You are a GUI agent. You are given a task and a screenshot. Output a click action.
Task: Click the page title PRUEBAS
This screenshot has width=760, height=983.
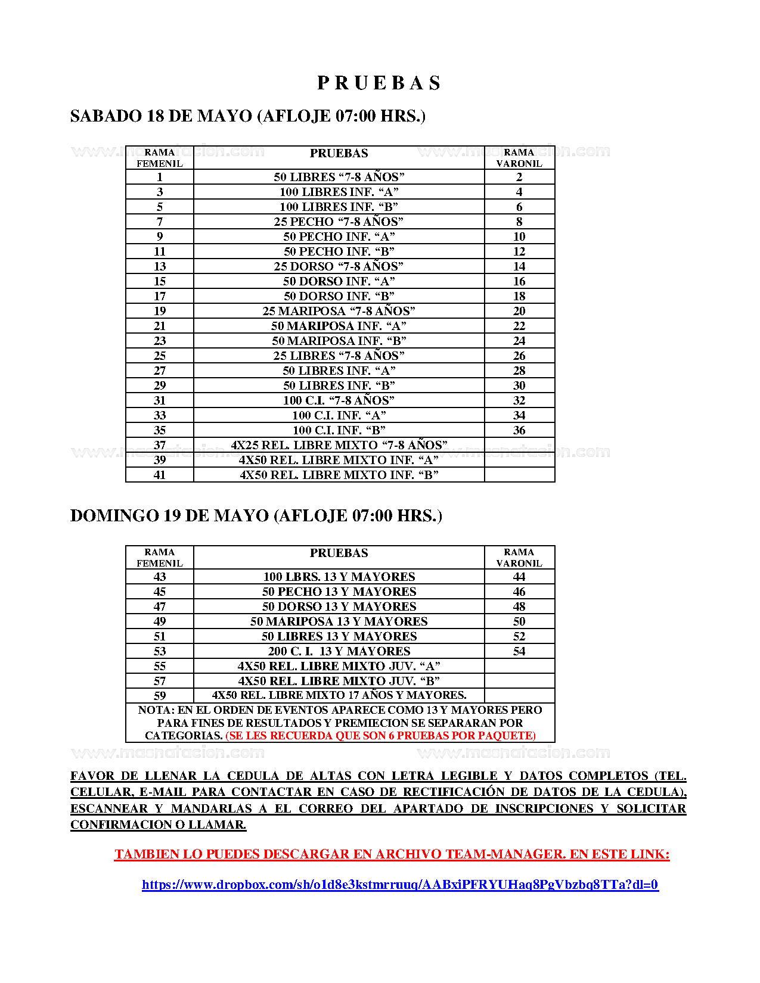[379, 83]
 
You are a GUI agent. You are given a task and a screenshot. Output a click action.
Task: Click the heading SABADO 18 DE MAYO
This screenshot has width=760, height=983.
[247, 116]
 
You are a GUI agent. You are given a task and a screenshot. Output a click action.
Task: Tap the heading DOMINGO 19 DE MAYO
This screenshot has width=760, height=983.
[256, 516]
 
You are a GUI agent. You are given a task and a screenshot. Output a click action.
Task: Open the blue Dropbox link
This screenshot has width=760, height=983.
[400, 885]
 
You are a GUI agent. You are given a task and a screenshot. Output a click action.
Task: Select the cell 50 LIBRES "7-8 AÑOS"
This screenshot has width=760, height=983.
[339, 177]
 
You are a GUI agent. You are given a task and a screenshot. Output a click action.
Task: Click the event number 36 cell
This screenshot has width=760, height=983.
[519, 430]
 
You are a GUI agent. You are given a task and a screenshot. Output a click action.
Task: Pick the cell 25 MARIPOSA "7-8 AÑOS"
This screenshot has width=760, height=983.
[339, 311]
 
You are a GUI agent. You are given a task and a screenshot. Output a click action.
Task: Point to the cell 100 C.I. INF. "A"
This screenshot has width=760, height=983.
[339, 415]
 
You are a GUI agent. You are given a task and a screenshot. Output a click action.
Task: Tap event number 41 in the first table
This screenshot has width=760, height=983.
[160, 475]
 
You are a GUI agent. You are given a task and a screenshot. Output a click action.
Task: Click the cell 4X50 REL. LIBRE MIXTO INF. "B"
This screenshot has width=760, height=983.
[339, 475]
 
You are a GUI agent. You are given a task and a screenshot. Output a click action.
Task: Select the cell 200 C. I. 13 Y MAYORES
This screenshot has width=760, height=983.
[339, 651]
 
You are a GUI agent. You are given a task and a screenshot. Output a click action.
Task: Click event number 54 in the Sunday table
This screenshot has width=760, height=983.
[519, 651]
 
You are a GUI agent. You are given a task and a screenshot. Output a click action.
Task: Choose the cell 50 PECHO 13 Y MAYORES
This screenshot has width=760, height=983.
[339, 592]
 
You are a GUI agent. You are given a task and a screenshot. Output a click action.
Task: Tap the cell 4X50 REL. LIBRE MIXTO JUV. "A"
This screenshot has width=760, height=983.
[339, 666]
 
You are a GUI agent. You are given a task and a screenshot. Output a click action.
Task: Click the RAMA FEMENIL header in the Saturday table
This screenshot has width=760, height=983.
[160, 158]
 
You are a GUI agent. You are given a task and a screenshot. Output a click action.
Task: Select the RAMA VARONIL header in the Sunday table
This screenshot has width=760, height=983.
[519, 558]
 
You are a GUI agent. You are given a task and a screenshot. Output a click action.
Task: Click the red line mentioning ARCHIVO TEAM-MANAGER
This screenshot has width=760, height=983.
[392, 854]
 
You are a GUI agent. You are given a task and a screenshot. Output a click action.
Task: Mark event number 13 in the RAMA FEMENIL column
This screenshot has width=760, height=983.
[160, 266]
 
